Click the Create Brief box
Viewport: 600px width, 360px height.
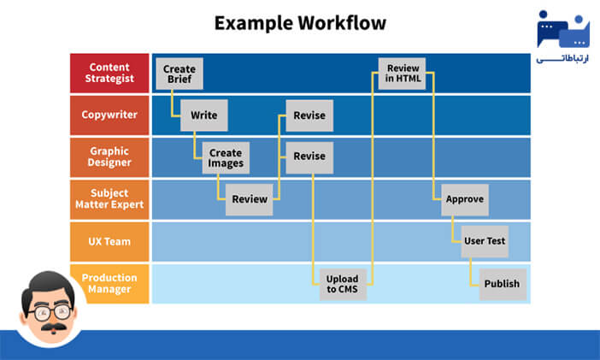179,74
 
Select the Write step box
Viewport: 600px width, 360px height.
203,115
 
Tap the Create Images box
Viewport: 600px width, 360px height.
226,158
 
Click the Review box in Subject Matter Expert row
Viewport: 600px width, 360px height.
249,199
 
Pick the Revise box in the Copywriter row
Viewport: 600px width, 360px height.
309,115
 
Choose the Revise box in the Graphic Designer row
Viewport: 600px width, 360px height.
309,156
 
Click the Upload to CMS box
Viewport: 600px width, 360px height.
343,284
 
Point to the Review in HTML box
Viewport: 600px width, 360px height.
402,74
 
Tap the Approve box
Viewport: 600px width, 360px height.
464,199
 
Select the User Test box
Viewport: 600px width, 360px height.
485,241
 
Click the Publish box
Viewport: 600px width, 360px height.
502,284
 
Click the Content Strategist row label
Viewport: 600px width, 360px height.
109,74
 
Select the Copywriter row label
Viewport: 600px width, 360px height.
109,115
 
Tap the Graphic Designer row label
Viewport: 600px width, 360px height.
109,157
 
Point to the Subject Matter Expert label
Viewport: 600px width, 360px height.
109,199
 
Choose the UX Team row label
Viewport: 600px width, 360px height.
109,241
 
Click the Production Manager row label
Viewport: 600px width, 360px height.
109,283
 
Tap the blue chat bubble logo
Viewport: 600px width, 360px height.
562,31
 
